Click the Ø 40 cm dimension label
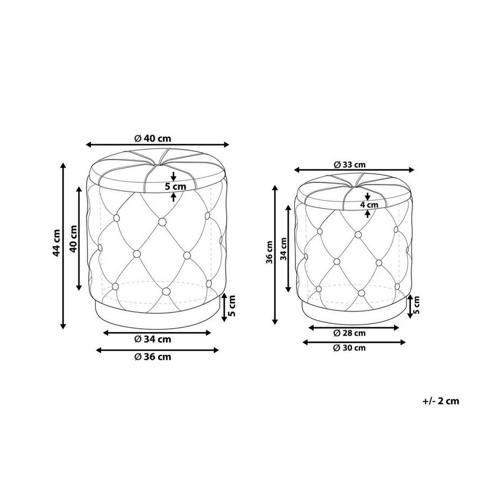point(152,138)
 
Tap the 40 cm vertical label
point(73,238)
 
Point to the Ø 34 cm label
point(152,340)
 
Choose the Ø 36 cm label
point(152,357)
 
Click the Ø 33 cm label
point(350,165)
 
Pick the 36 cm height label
point(269,252)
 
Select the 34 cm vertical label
point(284,249)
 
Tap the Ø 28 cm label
point(350,333)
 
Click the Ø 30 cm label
point(350,348)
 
